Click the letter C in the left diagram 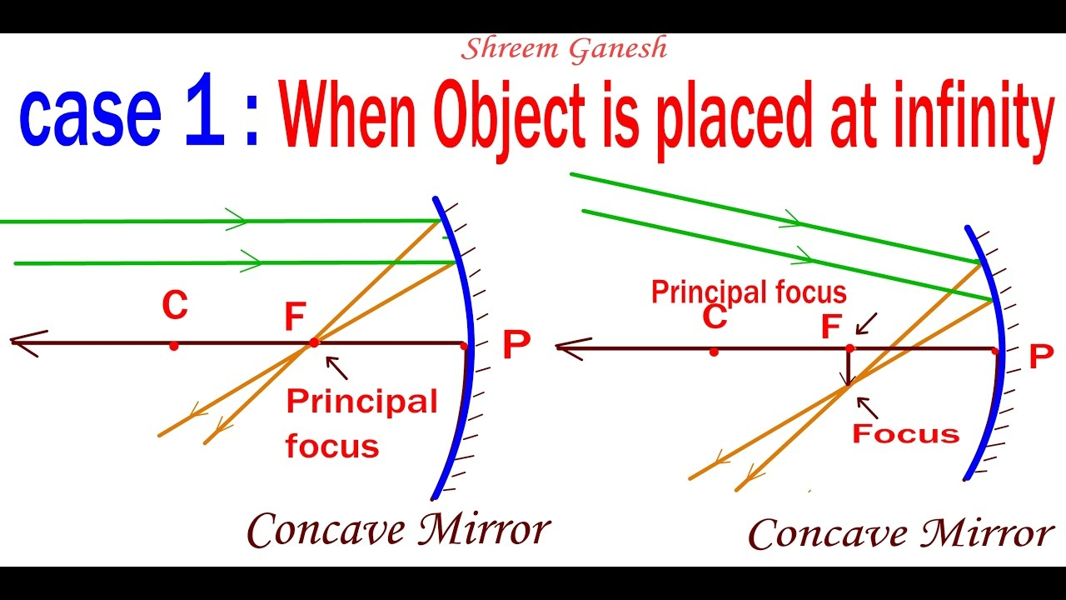[175, 305]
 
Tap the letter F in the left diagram [295, 316]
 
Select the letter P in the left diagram [516, 344]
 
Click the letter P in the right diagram [1041, 356]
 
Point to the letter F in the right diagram [831, 326]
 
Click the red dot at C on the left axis [174, 346]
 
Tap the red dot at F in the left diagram [314, 342]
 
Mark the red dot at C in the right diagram [714, 352]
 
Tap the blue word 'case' [91, 117]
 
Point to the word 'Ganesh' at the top [618, 49]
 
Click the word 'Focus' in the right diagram [905, 434]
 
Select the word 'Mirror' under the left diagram [484, 528]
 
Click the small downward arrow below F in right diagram [848, 367]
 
